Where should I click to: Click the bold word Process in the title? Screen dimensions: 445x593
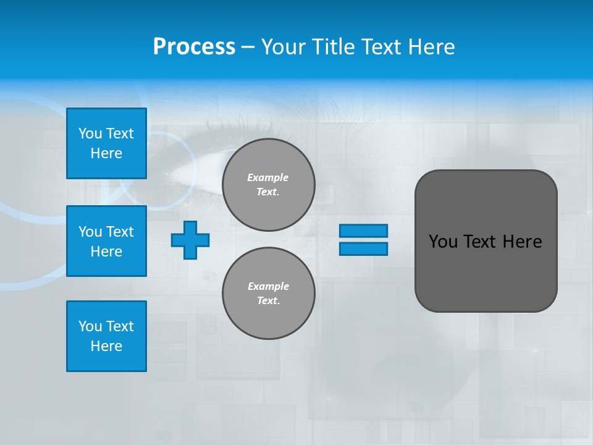(194, 47)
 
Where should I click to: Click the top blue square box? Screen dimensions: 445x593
(106, 143)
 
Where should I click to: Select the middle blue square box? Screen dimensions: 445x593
(106, 241)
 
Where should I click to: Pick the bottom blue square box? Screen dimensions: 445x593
(106, 336)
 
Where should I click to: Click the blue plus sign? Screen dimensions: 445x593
(190, 240)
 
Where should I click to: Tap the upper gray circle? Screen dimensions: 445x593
(269, 185)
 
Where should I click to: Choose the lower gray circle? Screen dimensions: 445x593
(269, 294)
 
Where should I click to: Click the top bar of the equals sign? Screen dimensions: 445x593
(363, 231)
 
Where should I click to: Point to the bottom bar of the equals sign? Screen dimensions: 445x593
(363, 248)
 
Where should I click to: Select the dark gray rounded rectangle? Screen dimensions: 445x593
(486, 240)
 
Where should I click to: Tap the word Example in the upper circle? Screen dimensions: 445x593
(267, 177)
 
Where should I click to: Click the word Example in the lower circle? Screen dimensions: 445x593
(268, 286)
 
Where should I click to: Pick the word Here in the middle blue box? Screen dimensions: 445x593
(106, 252)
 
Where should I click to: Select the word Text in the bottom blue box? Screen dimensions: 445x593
(120, 326)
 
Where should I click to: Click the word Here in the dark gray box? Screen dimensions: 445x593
(522, 242)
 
